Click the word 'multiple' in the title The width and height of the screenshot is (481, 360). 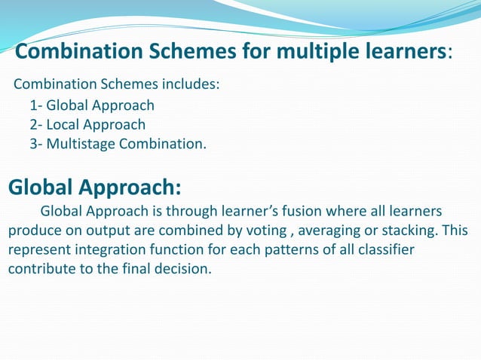[300, 52]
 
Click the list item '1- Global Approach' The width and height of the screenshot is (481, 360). [92, 105]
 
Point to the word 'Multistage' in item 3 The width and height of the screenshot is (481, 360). [81, 143]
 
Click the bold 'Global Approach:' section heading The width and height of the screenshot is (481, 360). [94, 186]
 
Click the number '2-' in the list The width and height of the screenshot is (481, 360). [36, 124]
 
